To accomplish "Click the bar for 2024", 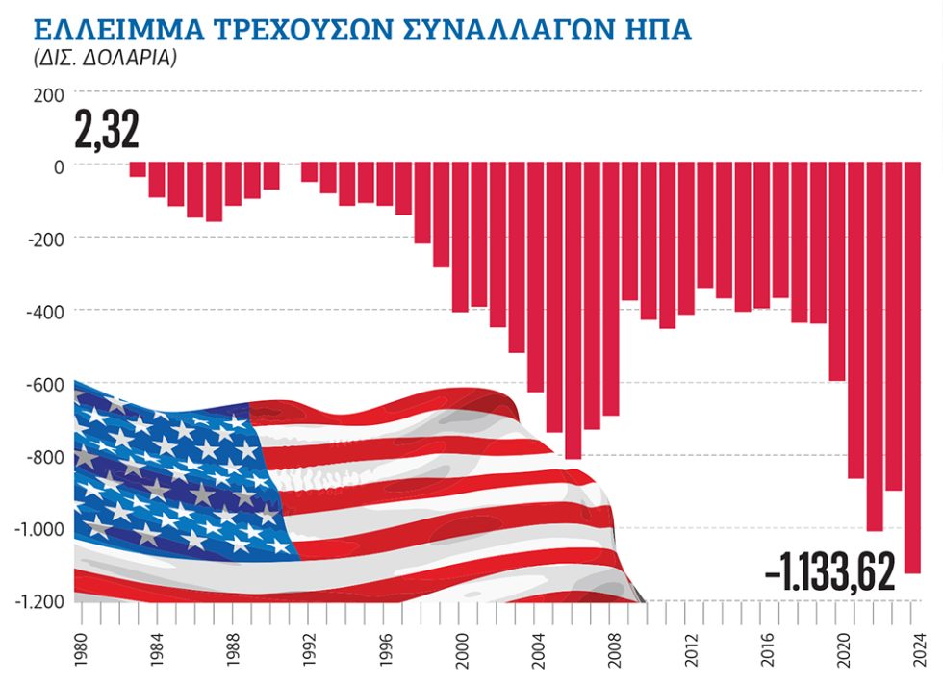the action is click(912, 367).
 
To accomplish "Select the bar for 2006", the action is click(573, 311).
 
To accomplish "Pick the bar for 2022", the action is click(875, 346).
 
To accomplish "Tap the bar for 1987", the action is click(214, 191).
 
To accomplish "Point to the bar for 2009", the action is click(629, 231).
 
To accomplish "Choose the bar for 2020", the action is click(836, 271).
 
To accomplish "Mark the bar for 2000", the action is click(460, 237).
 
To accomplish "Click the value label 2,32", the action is click(107, 129).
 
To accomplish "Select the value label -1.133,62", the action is click(829, 571).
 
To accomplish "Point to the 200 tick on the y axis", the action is click(48, 95).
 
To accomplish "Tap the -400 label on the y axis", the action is click(46, 313).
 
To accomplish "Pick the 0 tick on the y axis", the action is click(59, 167).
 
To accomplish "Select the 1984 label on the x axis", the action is click(157, 649).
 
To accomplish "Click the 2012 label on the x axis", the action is click(691, 649).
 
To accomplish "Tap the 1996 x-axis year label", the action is click(385, 649).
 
